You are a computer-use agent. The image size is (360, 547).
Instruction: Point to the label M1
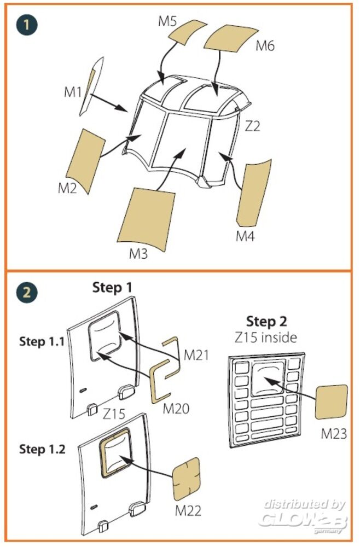(x=73, y=91)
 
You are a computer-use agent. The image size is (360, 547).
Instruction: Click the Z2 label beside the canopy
(x=252, y=126)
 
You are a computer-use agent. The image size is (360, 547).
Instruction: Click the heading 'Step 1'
(x=112, y=287)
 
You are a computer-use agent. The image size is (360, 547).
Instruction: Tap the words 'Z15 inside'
(x=266, y=337)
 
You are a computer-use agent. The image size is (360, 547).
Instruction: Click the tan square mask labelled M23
(x=332, y=403)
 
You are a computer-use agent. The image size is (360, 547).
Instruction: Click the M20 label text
(x=176, y=408)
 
